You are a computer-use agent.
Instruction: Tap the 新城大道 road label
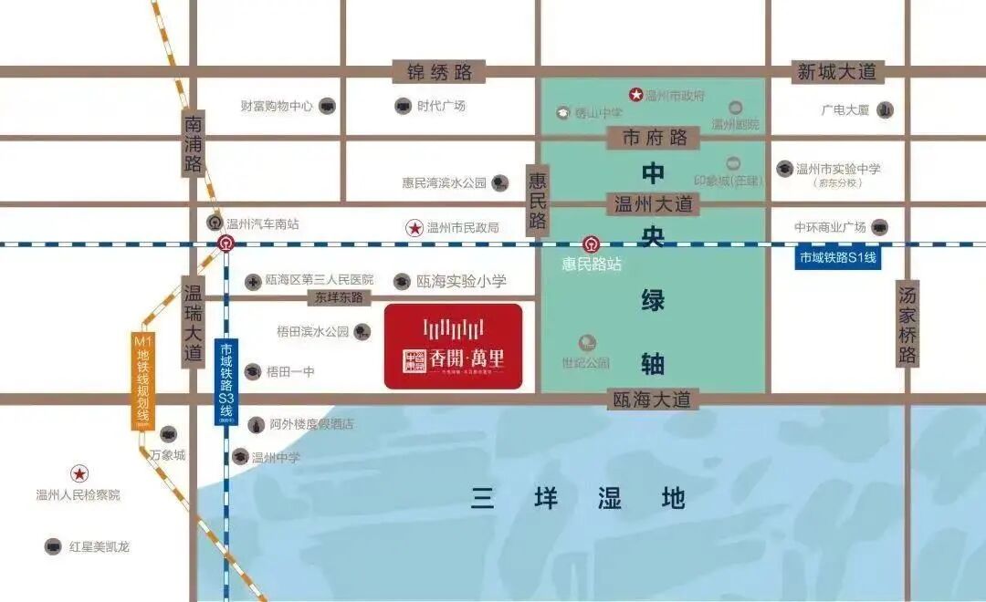[836, 71]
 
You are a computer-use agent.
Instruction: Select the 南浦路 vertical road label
[193, 143]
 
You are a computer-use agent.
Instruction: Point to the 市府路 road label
[654, 138]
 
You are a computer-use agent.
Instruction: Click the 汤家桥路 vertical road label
[907, 323]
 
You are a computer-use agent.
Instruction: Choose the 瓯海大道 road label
[651, 399]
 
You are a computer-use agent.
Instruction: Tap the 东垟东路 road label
[339, 297]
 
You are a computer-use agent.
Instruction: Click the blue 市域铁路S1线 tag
[837, 258]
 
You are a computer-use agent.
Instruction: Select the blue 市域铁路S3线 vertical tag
[226, 382]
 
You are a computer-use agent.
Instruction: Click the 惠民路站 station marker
[592, 244]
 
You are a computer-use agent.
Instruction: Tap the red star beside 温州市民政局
[414, 227]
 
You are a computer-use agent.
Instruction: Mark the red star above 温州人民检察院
[80, 473]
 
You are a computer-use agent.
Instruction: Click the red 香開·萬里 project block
[453, 347]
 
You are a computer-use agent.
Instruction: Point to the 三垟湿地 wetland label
[578, 498]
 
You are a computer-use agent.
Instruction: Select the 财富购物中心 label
[277, 106]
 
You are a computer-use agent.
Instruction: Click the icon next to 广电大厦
[885, 110]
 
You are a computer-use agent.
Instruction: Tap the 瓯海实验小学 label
[461, 282]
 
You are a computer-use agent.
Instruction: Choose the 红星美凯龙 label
[100, 546]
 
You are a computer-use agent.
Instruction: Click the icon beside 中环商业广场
[879, 227]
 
